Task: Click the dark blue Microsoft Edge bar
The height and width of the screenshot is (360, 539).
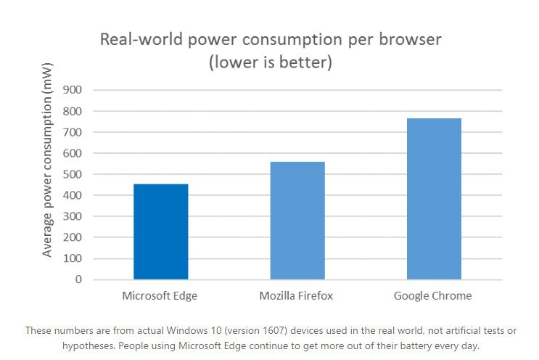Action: click(x=160, y=232)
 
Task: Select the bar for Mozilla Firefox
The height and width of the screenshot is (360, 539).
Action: click(x=297, y=221)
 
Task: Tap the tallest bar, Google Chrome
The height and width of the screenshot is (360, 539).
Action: click(x=434, y=199)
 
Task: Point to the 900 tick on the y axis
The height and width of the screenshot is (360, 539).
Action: click(x=73, y=90)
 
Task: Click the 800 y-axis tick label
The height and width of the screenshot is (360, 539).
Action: click(x=73, y=111)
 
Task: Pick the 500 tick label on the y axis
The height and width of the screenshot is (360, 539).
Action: click(x=73, y=174)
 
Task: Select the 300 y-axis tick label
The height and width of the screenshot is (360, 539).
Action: click(x=73, y=216)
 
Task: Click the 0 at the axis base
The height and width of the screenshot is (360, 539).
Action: click(x=78, y=279)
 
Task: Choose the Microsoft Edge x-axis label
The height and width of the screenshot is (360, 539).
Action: click(x=160, y=296)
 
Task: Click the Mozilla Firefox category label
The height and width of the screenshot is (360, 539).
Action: click(x=297, y=296)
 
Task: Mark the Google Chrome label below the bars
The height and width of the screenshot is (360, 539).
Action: click(x=433, y=296)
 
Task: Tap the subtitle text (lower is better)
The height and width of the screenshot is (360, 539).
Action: click(x=270, y=63)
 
